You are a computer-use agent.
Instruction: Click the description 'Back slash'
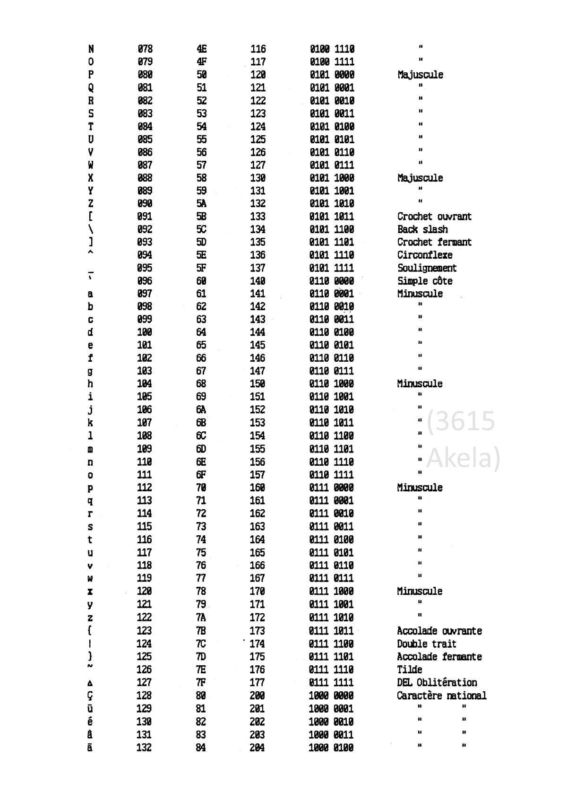point(422,229)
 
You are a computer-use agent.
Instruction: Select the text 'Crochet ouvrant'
point(434,217)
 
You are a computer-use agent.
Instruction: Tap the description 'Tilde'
point(410,670)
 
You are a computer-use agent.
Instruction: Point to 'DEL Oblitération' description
point(437,682)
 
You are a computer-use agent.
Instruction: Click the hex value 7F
point(201,682)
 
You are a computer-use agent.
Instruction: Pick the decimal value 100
point(145,332)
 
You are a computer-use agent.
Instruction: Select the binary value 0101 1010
point(332,204)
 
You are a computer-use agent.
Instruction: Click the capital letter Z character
point(91,204)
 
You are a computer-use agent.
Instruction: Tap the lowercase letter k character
point(91,423)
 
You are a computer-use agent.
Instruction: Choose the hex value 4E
point(202,49)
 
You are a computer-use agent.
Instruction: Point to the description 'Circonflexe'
point(425,255)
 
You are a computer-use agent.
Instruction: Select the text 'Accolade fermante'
point(439,657)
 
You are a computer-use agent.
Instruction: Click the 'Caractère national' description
point(441,696)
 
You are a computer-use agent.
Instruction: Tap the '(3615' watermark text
point(461,421)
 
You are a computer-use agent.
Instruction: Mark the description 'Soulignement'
point(427,268)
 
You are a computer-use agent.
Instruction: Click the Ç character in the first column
point(91,696)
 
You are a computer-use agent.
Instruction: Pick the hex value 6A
point(201,410)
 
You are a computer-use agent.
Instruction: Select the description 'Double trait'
point(427,644)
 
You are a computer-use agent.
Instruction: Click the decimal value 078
point(145,49)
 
